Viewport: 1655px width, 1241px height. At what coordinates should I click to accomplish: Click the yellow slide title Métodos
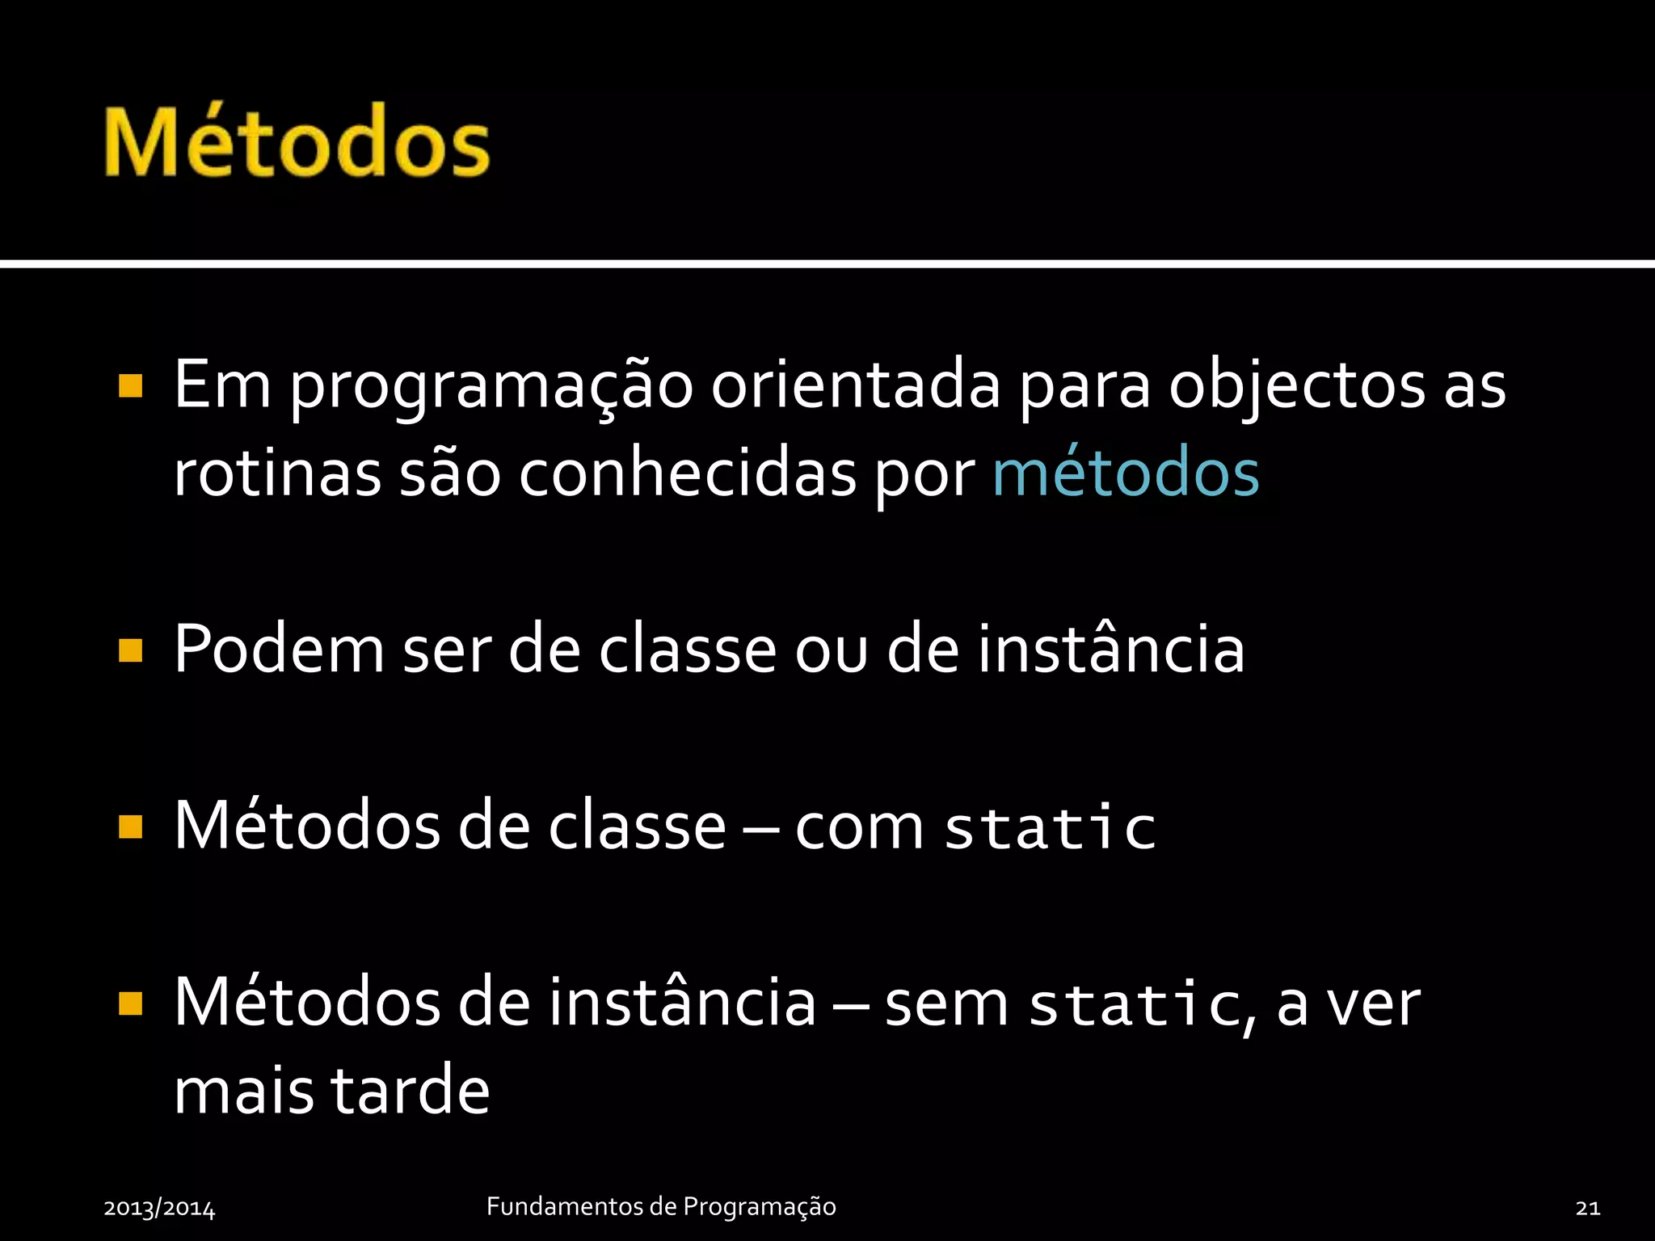point(297,143)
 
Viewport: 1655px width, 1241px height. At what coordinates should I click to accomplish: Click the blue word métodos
point(1125,473)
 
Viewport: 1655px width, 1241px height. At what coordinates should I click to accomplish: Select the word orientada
point(856,386)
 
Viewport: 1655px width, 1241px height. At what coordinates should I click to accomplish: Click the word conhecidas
point(687,473)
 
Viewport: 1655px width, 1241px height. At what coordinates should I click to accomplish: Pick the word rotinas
point(277,473)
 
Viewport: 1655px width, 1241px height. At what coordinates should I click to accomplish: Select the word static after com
point(1051,827)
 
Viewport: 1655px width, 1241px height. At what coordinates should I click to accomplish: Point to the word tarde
point(411,1091)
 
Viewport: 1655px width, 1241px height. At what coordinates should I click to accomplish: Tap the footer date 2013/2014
point(159,1208)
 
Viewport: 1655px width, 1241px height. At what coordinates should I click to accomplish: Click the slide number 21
point(1587,1208)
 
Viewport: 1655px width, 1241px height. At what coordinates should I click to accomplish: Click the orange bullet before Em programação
point(130,386)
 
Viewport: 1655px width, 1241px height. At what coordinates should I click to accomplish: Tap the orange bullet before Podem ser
point(130,650)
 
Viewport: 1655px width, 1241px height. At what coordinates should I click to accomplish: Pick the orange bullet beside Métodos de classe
point(130,827)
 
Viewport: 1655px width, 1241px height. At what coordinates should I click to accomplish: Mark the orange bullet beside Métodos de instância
point(130,1003)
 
